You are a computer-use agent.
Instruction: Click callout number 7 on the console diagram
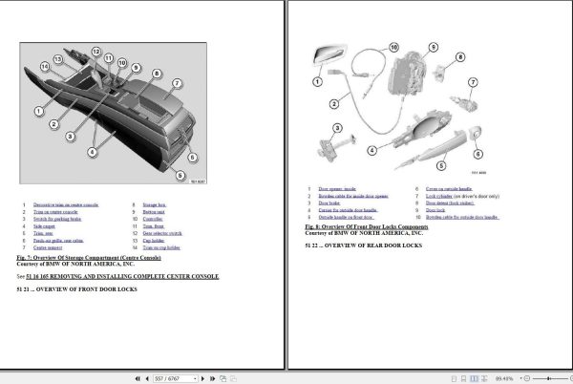(177, 83)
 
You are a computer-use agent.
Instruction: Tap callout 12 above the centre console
(95, 51)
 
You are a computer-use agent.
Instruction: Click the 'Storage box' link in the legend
(154, 204)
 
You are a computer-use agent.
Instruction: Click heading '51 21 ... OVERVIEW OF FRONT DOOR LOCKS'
(74, 288)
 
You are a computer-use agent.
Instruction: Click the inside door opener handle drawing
(331, 56)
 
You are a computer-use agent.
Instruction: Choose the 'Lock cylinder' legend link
(463, 196)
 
